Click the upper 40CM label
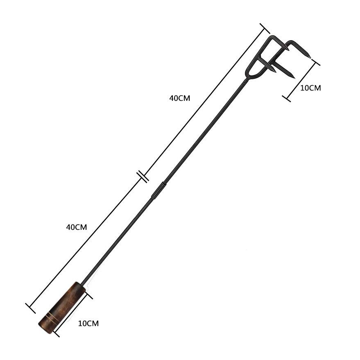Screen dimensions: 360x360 coord(180,98)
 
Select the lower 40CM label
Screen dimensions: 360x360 coord(77,227)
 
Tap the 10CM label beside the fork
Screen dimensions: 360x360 coord(310,88)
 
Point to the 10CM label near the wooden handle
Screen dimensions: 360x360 coord(88,324)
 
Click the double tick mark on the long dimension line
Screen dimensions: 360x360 coord(143,177)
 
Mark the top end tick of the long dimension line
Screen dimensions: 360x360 coord(265,28)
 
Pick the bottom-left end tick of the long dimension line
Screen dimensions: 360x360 coord(31,308)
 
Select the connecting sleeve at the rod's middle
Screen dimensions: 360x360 coord(158,190)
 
